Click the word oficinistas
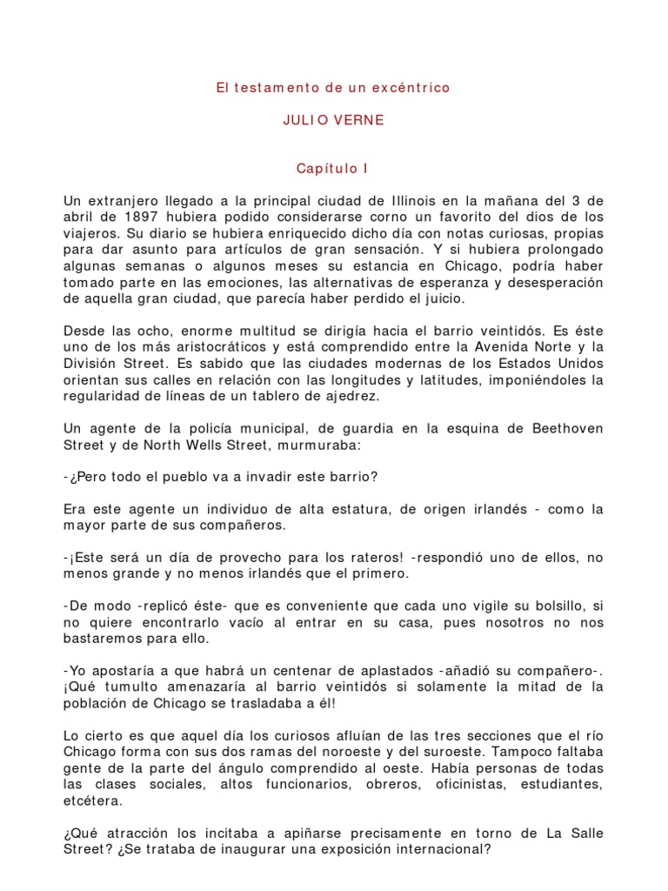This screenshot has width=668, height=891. (x=468, y=784)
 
